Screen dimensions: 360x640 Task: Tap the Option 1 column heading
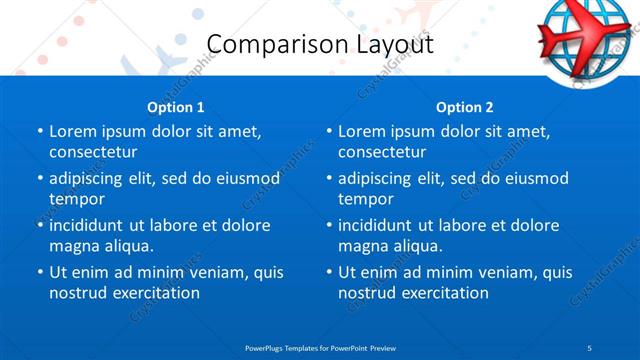(176, 107)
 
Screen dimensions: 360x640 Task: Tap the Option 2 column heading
(465, 107)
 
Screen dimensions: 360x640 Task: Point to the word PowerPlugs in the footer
(268, 347)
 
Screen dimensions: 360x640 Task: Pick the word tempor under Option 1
(75, 199)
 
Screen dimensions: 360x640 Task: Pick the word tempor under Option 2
(364, 199)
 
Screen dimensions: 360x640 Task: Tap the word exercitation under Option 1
(154, 293)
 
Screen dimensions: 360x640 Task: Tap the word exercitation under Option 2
(443, 293)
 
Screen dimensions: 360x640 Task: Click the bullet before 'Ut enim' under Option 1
(39, 272)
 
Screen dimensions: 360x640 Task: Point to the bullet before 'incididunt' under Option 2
(328, 225)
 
